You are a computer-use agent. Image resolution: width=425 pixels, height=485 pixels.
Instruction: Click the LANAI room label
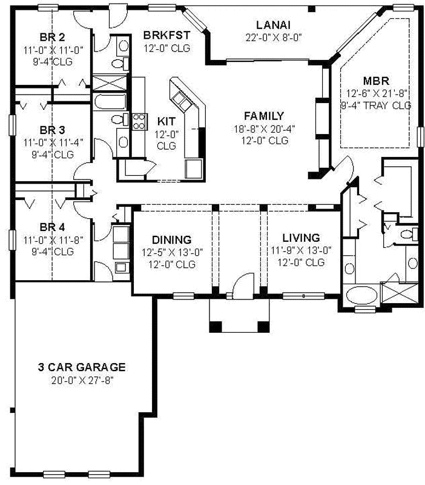pos(273,25)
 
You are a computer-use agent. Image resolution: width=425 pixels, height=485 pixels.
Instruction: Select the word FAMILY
pos(263,116)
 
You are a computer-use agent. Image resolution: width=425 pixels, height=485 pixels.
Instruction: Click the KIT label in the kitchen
pos(166,120)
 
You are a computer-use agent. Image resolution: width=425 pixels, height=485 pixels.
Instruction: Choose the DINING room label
pos(171,239)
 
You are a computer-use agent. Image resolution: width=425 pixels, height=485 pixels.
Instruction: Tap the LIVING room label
pos(301,238)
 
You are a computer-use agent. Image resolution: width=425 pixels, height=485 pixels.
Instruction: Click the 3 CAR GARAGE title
pos(81,367)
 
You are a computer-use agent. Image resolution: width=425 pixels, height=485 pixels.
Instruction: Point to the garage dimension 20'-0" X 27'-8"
pos(81,380)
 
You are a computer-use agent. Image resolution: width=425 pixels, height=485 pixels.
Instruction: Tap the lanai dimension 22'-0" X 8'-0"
pos(273,37)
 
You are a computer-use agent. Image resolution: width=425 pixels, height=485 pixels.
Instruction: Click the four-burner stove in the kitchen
pos(139,121)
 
